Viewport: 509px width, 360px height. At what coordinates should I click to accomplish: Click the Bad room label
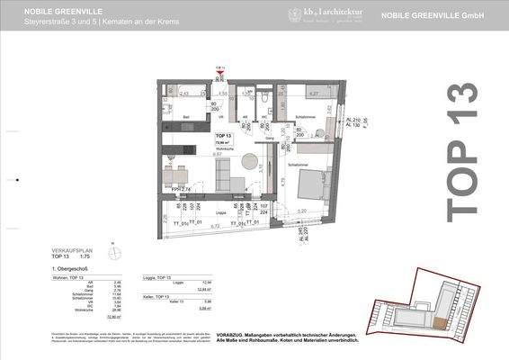185,117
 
